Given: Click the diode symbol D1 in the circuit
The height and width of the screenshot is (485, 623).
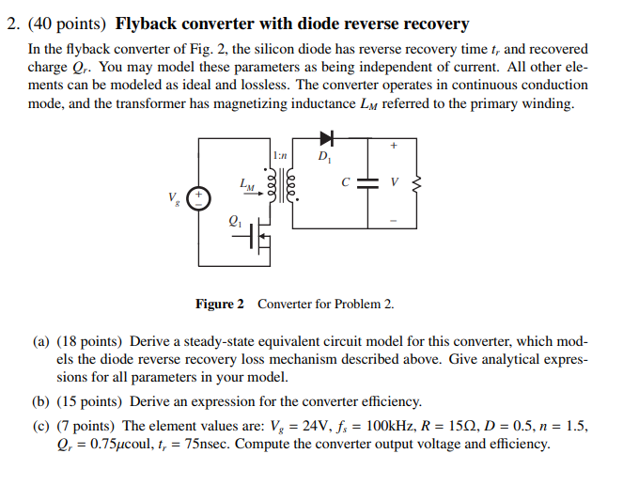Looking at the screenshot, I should (x=327, y=141).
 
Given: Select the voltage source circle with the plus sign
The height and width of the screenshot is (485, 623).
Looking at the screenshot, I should (x=198, y=198).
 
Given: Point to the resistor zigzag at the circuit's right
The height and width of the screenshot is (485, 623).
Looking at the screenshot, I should (x=419, y=184).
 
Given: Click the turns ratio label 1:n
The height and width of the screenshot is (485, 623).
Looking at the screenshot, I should (x=280, y=153).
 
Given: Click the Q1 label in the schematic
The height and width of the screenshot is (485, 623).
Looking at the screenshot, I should (x=235, y=221).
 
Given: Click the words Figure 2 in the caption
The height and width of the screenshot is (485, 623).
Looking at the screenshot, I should (x=219, y=304).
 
